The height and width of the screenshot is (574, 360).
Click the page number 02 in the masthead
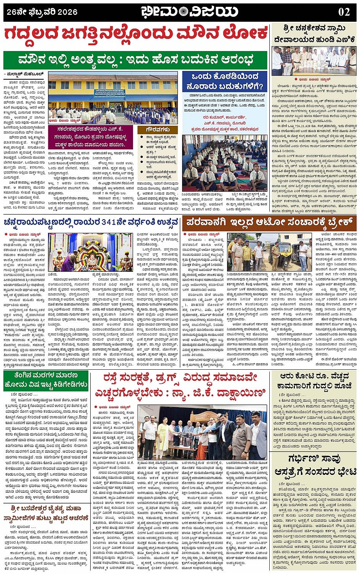click(344, 12)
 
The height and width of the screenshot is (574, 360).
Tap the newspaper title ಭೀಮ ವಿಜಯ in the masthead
click(189, 12)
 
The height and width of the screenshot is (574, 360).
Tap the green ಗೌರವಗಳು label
click(157, 130)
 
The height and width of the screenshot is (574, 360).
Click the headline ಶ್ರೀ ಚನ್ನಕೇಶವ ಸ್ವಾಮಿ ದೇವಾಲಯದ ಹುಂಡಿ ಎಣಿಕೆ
click(315, 34)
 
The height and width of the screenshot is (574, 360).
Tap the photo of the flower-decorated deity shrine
click(91, 252)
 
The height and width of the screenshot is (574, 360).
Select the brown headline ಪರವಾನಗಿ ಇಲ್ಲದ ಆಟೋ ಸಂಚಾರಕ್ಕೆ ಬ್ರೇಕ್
click(269, 222)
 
